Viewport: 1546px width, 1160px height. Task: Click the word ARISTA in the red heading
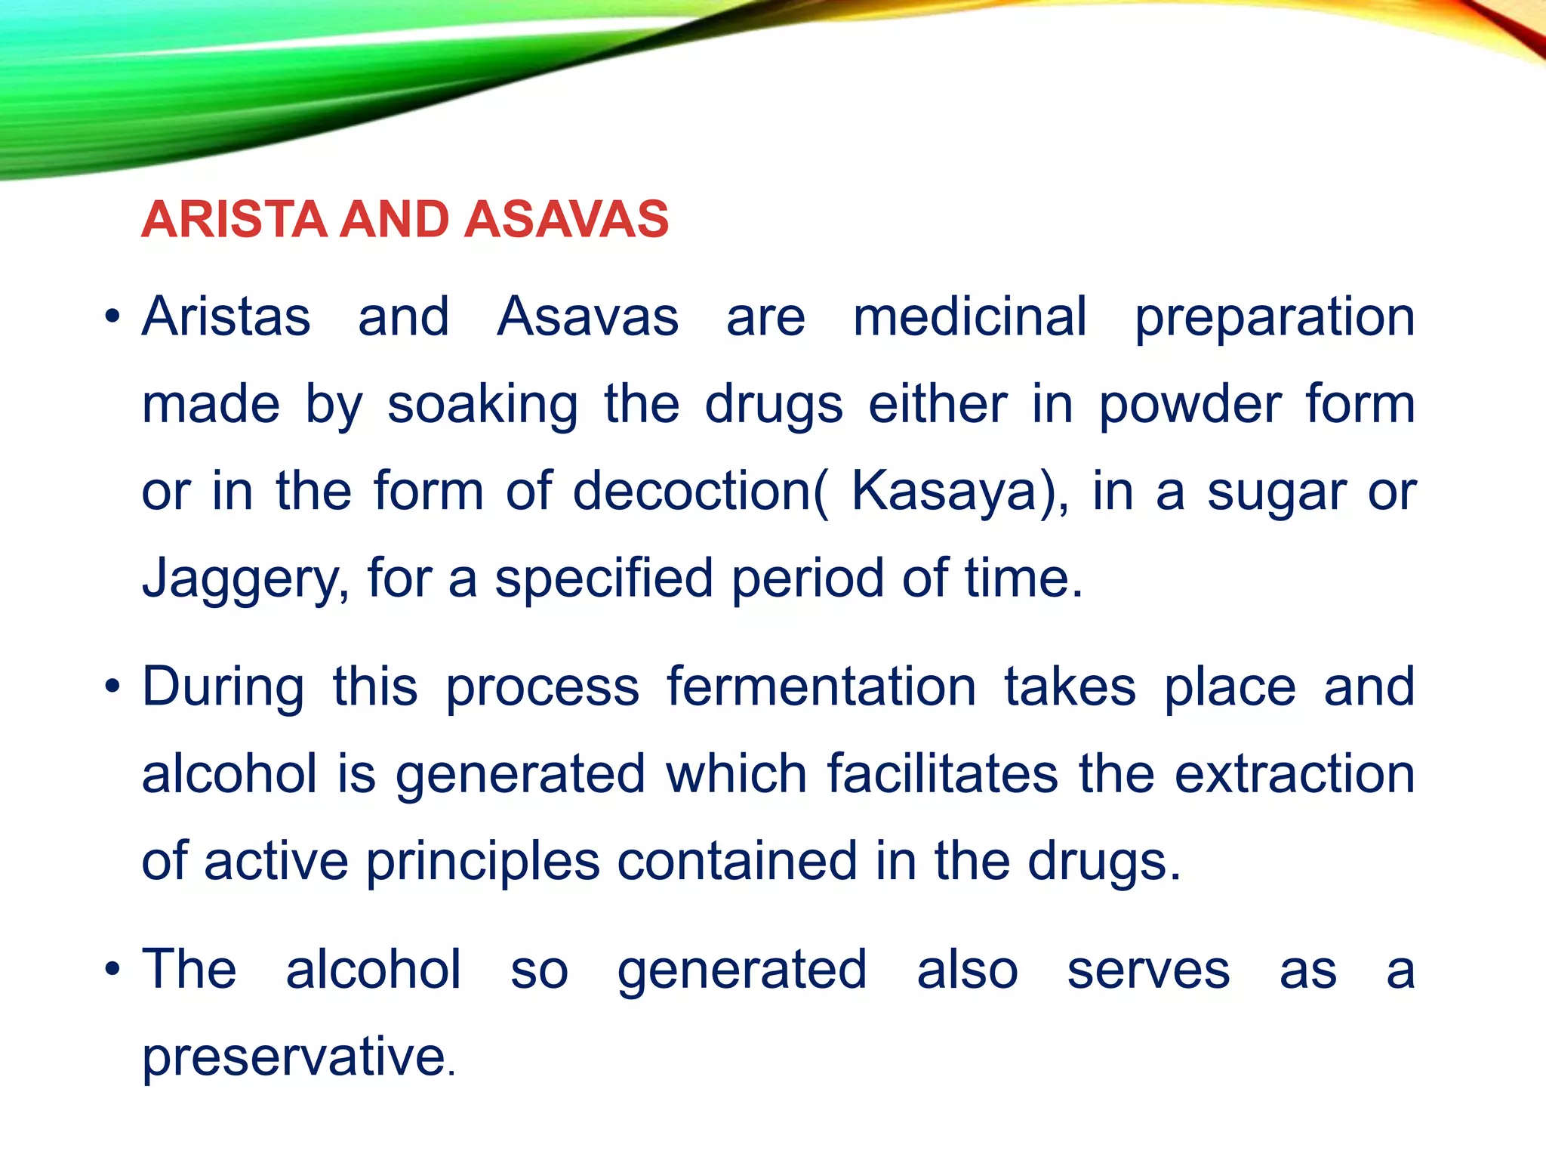[234, 219]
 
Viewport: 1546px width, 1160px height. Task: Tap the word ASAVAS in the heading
[566, 219]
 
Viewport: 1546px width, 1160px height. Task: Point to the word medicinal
[970, 316]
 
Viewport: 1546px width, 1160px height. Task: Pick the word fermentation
[821, 687]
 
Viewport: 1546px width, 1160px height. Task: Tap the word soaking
[482, 405]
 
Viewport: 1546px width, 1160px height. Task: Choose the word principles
[483, 862]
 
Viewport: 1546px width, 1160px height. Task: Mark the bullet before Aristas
[112, 317]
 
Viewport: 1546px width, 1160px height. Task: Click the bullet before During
[112, 688]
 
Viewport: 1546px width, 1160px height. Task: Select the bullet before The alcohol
[112, 970]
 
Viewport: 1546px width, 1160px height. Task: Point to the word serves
[1148, 970]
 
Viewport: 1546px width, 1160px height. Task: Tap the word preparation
[1274, 318]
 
